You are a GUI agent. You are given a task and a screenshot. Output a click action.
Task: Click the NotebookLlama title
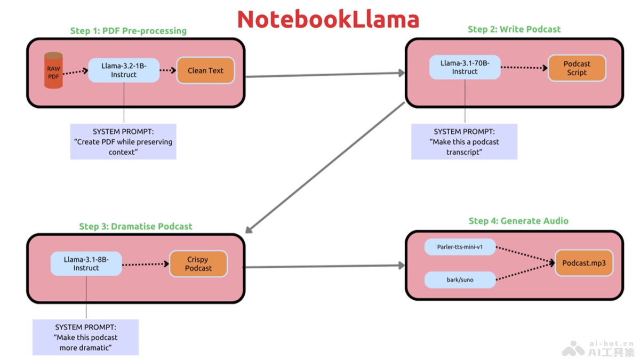point(328,19)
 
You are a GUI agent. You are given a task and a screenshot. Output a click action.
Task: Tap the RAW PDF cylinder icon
point(53,70)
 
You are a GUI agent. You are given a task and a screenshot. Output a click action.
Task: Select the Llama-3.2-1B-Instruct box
point(124,70)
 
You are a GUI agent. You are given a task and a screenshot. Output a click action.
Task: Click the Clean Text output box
point(205,70)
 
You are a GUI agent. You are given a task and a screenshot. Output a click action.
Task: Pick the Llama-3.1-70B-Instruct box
point(465,67)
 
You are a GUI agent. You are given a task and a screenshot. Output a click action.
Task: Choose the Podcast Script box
point(577,68)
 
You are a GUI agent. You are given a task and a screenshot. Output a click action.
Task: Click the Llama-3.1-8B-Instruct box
point(86,264)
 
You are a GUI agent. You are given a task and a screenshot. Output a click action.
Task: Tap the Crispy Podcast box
point(198,264)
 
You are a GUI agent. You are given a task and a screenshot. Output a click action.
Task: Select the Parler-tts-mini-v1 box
point(460,247)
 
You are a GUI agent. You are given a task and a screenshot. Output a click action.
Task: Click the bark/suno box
point(460,279)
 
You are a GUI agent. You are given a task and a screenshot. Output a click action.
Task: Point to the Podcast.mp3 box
point(584,263)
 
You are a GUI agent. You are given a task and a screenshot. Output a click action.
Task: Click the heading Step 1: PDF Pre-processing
point(129,31)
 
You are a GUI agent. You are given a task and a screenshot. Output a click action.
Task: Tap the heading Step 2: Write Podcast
point(514,29)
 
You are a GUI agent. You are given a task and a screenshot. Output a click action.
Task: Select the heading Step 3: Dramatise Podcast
point(135,226)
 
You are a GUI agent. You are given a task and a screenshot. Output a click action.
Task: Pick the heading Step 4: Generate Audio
point(518,221)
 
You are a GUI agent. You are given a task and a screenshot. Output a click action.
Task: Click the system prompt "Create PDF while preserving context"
point(123,142)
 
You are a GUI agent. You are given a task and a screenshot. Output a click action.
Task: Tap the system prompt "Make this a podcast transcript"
point(464,142)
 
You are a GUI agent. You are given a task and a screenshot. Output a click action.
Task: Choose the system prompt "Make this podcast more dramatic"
point(85,337)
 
